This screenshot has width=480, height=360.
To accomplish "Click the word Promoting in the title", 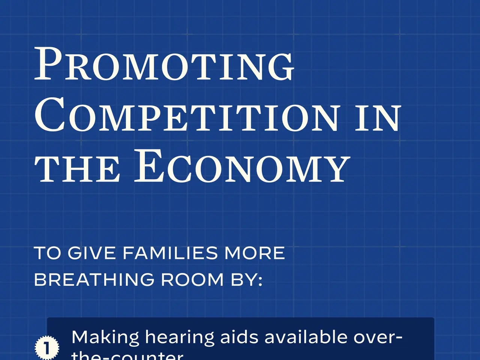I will tap(164, 64).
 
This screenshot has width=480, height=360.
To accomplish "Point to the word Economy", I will tap(242, 167).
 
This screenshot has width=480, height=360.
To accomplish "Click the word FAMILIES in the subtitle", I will tap(170, 253).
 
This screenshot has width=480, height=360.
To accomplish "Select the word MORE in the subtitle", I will tap(255, 253).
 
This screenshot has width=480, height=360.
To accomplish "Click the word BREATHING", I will tap(94, 280).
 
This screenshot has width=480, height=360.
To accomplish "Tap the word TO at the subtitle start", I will tap(48, 253).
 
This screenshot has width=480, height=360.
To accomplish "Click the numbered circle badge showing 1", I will tap(47, 348).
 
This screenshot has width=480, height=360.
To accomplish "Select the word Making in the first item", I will tap(105, 337).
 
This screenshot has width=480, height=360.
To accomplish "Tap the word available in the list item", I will tap(306, 337).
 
